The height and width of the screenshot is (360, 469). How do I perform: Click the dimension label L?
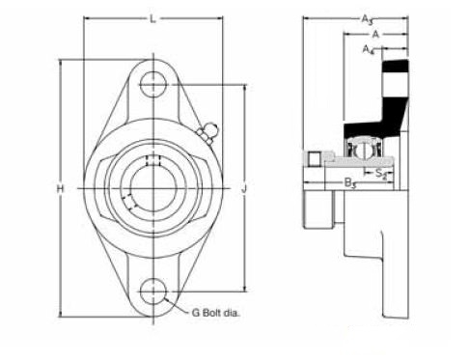(152, 19)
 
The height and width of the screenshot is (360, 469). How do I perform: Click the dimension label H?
(60, 188)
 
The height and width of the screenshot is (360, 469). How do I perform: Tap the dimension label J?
(244, 188)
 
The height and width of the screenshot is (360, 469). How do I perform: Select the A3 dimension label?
(367, 20)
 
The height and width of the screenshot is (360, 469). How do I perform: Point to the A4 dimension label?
(369, 50)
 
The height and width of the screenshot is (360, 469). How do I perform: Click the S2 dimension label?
(381, 174)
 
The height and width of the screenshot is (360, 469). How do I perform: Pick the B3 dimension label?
(350, 183)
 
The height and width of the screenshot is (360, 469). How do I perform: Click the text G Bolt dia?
(216, 313)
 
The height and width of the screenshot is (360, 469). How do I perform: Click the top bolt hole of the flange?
(153, 85)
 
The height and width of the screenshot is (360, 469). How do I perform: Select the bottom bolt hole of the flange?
(153, 291)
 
